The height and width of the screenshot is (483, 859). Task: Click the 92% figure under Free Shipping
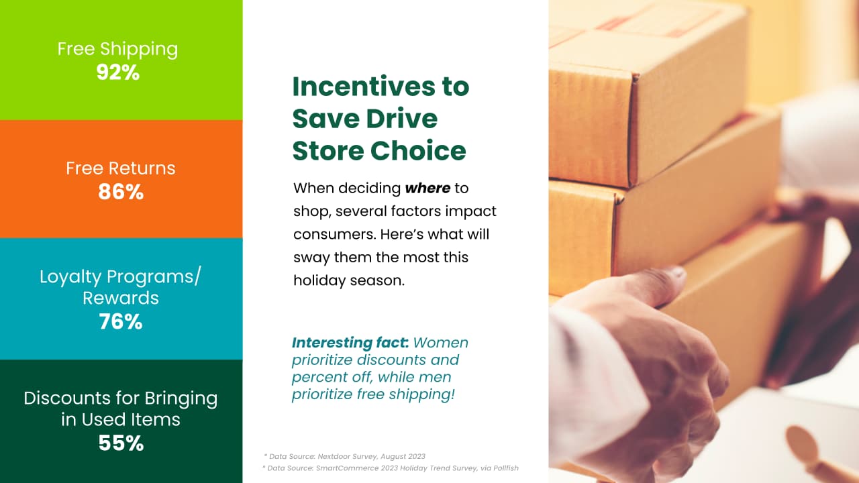click(x=117, y=72)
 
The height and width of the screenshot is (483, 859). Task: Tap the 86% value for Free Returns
click(x=121, y=192)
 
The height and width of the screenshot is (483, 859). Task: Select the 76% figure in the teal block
click(x=121, y=321)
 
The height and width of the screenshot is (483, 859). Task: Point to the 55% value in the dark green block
click(x=121, y=443)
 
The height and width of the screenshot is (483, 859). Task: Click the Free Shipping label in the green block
click(x=117, y=50)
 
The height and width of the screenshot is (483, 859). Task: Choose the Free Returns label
click(x=121, y=168)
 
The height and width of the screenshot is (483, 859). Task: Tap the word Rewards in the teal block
click(x=121, y=299)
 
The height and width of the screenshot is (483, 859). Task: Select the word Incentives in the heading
click(x=364, y=87)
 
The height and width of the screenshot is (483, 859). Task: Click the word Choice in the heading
click(x=418, y=150)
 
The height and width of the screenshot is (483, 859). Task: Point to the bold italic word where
click(x=427, y=189)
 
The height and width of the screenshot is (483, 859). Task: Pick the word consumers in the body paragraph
click(x=334, y=235)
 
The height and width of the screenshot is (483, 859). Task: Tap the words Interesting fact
click(x=350, y=343)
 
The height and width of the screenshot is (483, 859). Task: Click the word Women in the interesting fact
click(x=441, y=343)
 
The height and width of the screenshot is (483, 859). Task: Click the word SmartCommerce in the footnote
click(x=343, y=468)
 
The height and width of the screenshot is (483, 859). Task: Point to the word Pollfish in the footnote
click(x=506, y=468)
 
